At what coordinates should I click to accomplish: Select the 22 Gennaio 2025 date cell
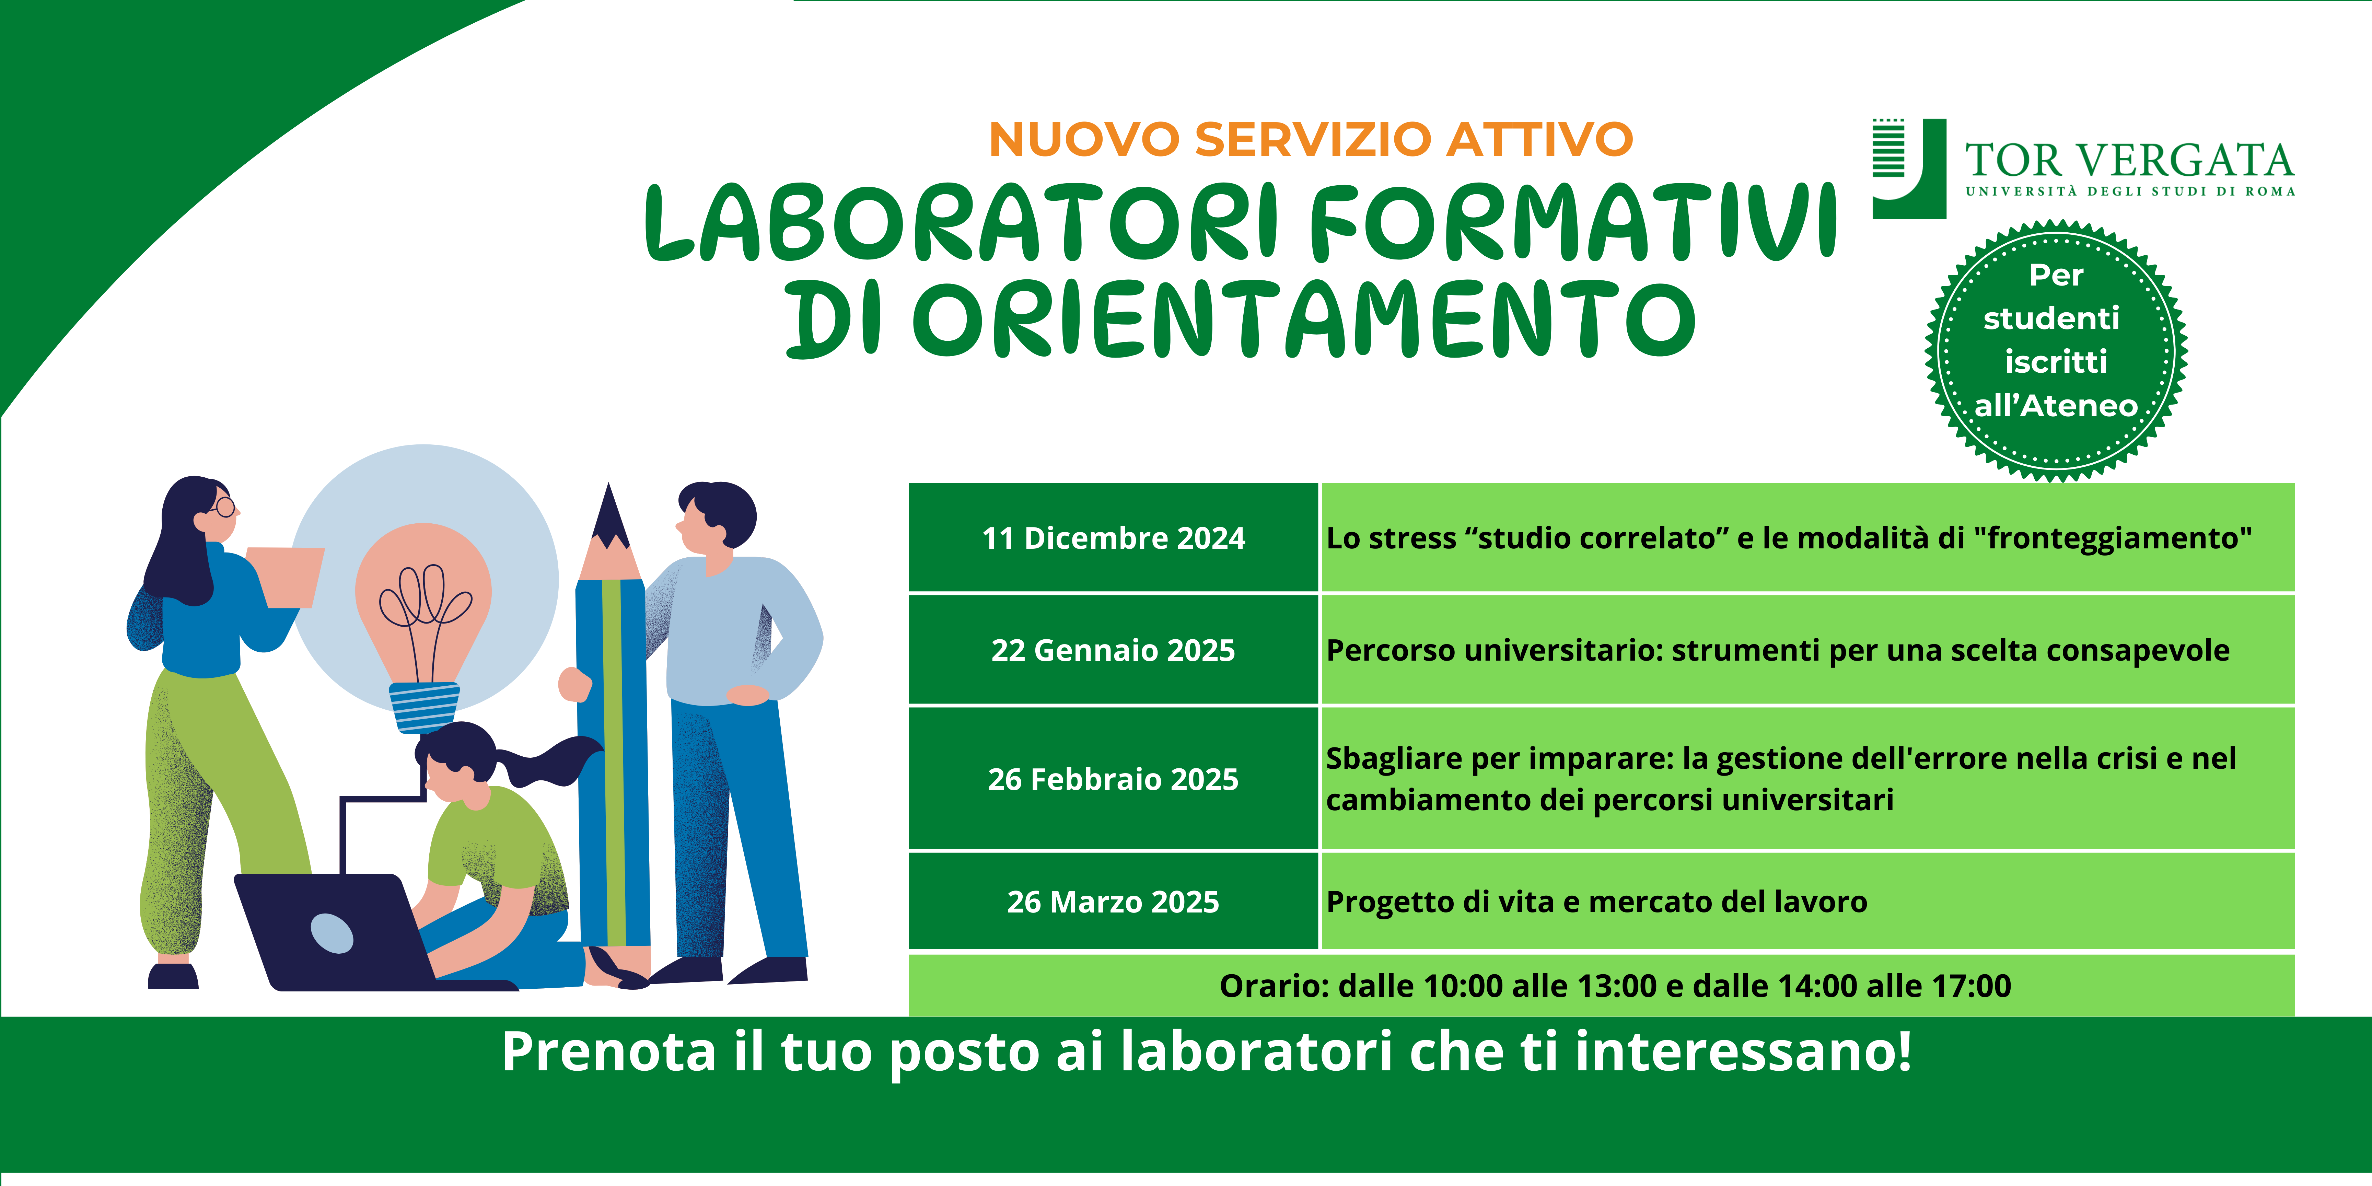[x=1113, y=650]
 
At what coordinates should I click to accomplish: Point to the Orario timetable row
[x=1601, y=985]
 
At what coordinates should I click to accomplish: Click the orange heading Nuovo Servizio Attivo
[x=1310, y=139]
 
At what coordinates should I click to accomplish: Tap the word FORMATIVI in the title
[x=1572, y=222]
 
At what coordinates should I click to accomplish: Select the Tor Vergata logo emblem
[x=1909, y=168]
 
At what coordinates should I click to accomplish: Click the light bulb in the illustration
[x=423, y=626]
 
